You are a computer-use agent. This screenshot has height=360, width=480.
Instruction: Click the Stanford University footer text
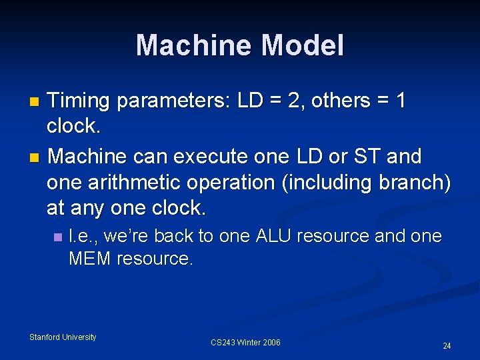(63, 337)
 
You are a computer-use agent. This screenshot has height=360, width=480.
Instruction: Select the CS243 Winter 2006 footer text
(245, 343)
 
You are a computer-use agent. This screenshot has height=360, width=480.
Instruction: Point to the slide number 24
(447, 346)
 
